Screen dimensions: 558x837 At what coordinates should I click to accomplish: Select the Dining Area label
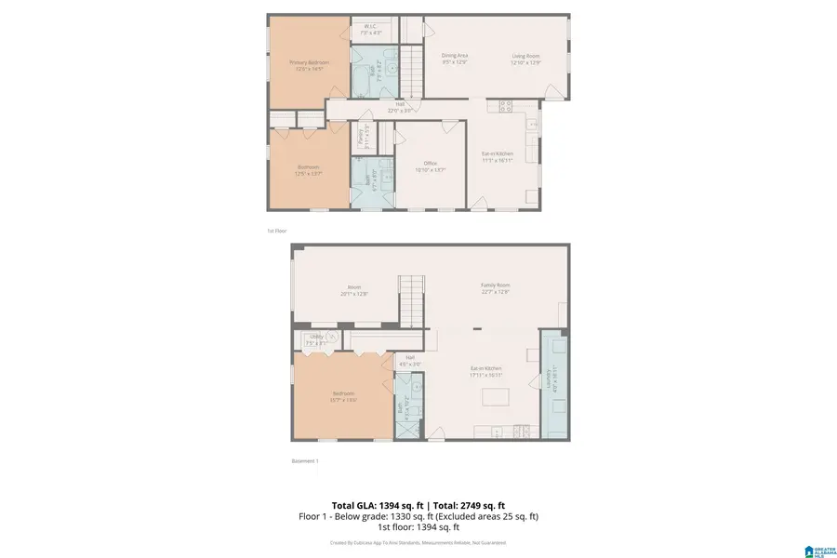(x=454, y=59)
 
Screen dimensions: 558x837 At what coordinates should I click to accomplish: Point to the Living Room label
(x=525, y=59)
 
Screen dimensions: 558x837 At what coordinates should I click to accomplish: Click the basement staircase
(x=411, y=298)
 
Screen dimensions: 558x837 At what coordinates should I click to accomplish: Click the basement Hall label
(x=409, y=360)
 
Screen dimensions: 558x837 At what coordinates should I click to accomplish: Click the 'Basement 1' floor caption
(x=305, y=460)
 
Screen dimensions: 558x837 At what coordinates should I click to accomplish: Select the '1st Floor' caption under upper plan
(x=278, y=230)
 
